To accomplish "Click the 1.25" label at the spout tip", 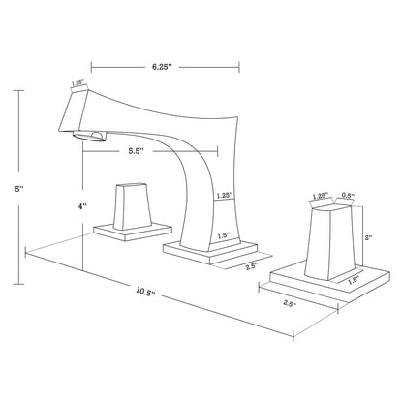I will [x=75, y=83].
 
